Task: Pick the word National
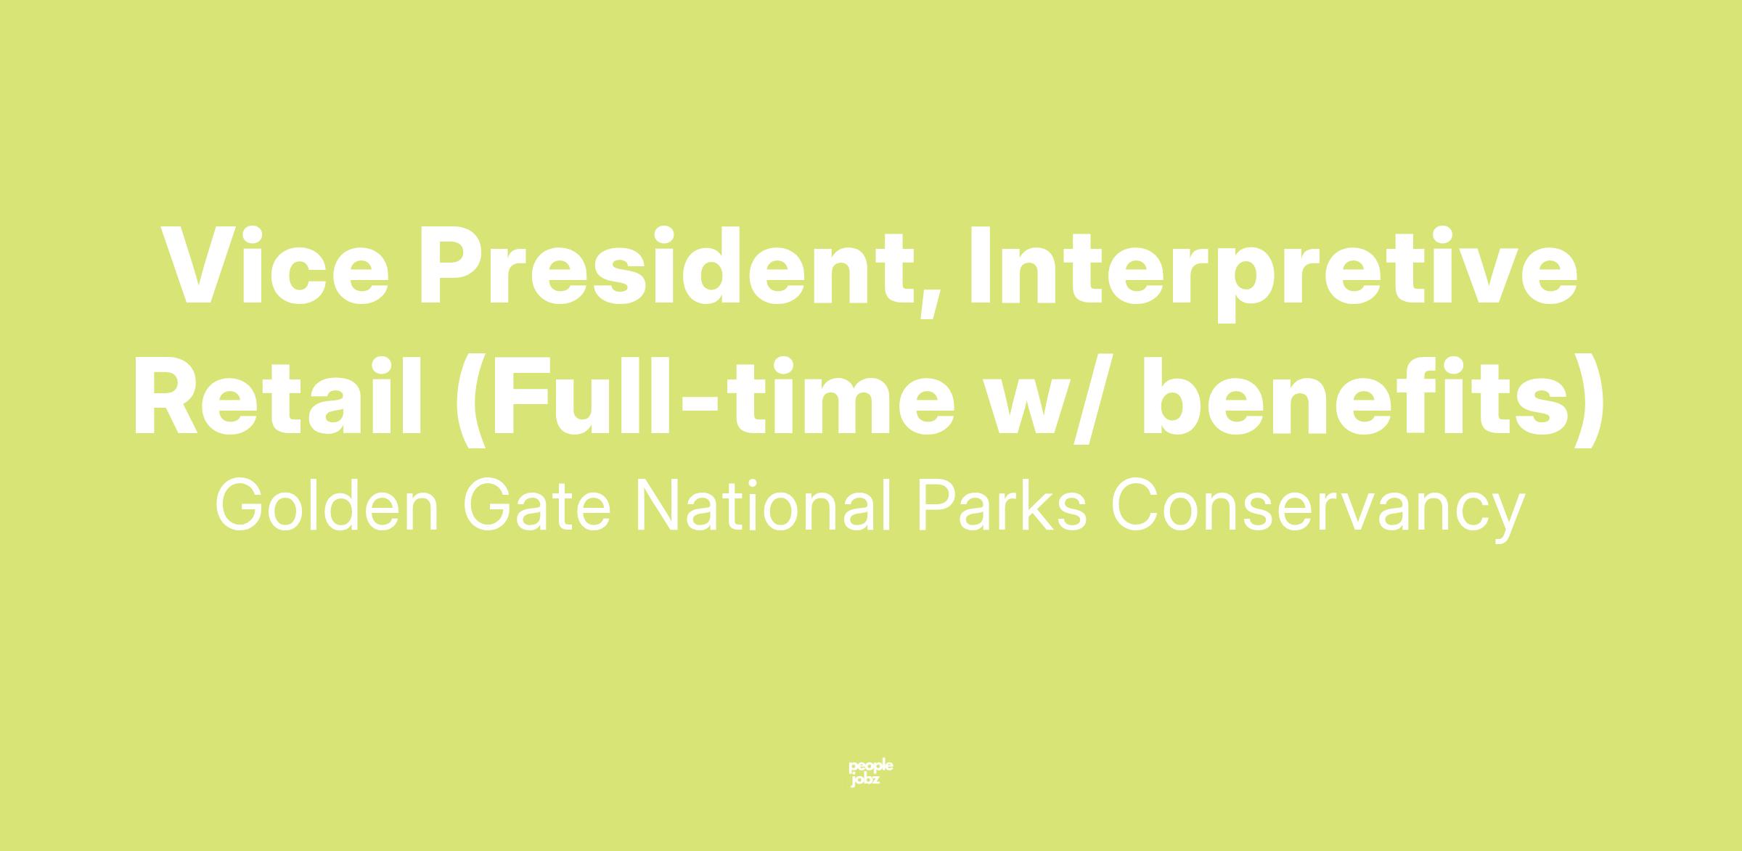pos(764,506)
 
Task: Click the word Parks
pos(1002,506)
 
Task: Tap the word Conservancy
pos(1318,511)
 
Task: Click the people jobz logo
pos(871,773)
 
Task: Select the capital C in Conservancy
pos(1135,506)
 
